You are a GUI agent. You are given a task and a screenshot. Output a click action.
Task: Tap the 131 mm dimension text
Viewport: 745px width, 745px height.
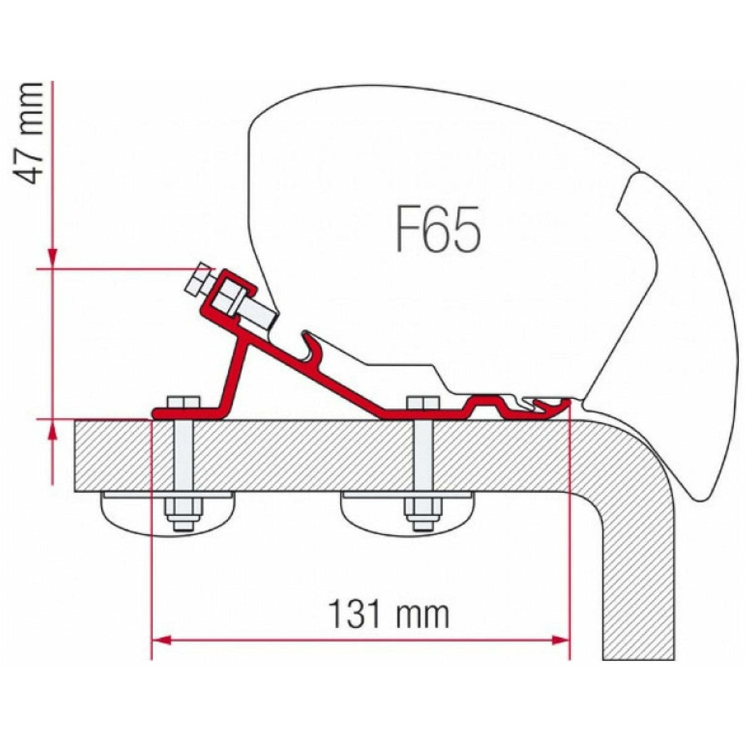388,614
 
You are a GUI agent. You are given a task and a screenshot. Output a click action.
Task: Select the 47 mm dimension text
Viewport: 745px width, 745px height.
29,133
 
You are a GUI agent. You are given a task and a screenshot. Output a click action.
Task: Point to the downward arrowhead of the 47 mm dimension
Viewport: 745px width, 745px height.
53,258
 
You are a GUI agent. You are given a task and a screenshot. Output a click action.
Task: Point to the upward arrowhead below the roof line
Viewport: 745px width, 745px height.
53,431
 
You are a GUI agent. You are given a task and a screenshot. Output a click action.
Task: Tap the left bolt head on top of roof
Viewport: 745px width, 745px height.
183,402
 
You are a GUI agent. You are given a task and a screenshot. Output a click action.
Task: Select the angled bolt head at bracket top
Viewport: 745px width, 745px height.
198,281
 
